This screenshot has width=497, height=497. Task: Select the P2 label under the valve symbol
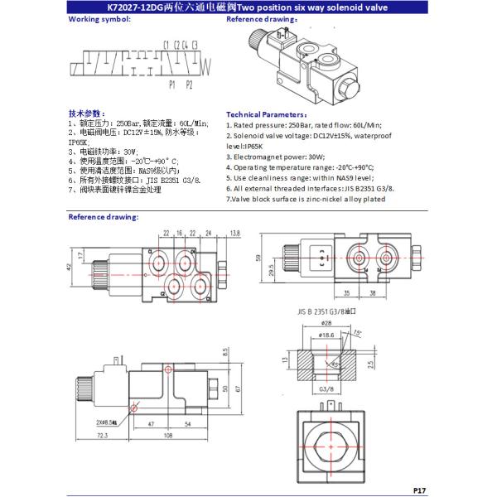coord(189,84)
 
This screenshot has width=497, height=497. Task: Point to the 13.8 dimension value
coord(234,233)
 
